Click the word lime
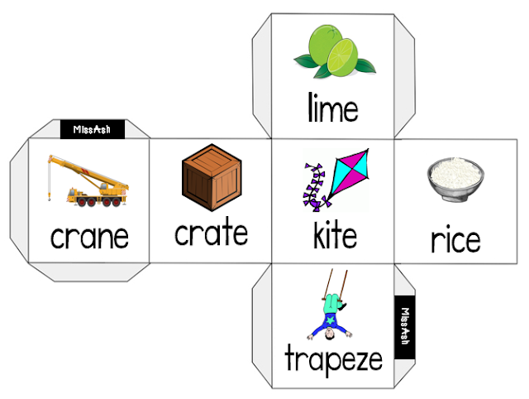coord(332,108)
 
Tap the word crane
coord(89,237)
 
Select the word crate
coord(211,233)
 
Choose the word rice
coord(455,240)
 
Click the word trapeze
coord(333,359)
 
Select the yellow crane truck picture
coord(88,187)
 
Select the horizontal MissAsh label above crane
coord(92,129)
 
